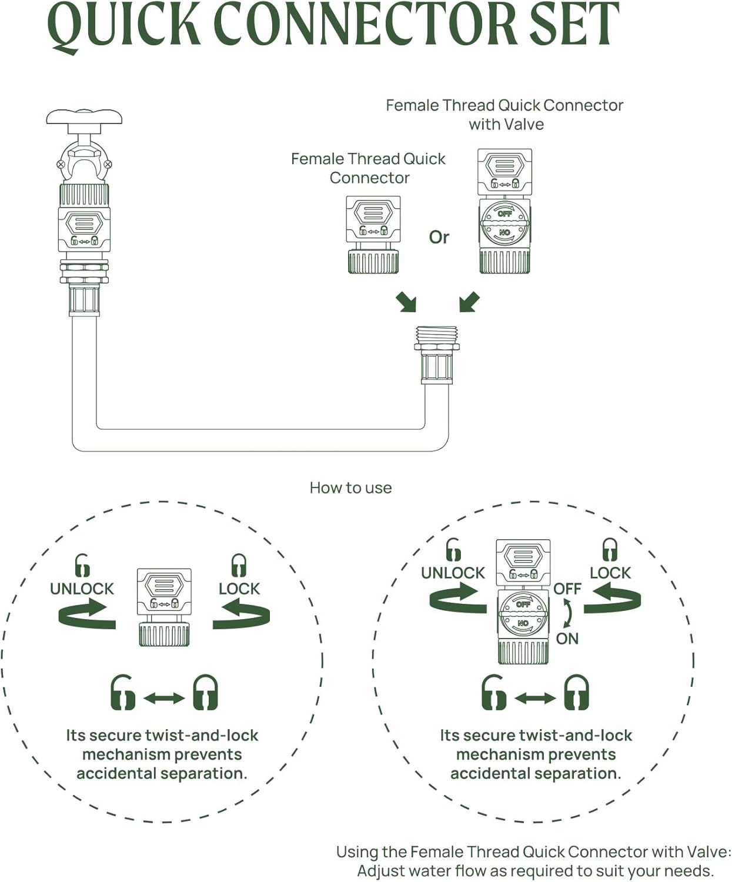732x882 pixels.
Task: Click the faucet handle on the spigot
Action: [x=84, y=116]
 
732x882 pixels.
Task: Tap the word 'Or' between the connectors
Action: [x=439, y=237]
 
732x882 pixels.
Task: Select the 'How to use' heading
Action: [x=350, y=488]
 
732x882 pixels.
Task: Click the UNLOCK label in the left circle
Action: [x=82, y=589]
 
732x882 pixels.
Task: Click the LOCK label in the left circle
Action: [x=239, y=589]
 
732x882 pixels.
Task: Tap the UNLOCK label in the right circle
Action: [x=453, y=573]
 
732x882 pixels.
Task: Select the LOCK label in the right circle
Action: [x=610, y=573]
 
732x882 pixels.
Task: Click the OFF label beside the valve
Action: [x=567, y=589]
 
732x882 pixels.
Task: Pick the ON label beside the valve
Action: [x=567, y=639]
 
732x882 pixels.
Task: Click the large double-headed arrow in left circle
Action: [x=164, y=698]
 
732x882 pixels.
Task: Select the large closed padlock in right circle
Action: [x=576, y=693]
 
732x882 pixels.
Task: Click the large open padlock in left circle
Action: [x=122, y=693]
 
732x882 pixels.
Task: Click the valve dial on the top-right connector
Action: [x=504, y=223]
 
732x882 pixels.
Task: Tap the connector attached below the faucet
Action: [x=84, y=226]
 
